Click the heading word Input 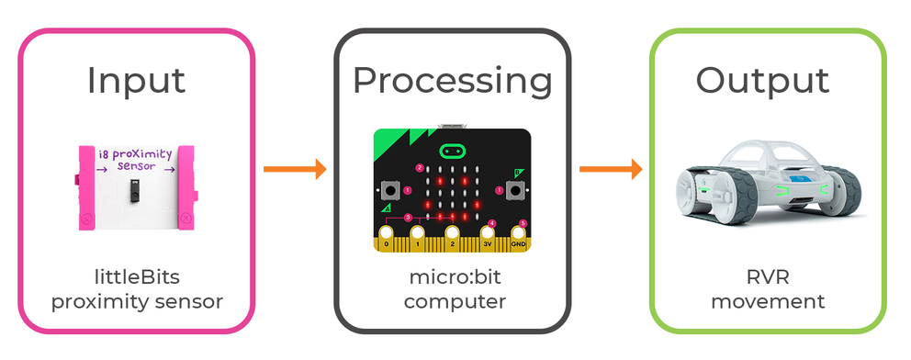point(136,80)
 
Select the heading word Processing point(452,80)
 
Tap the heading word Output point(762,80)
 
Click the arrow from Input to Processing point(295,169)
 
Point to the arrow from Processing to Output point(610,169)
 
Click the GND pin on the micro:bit point(519,242)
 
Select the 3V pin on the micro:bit point(487,242)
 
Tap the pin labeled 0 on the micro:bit point(387,242)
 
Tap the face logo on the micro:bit point(453,150)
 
